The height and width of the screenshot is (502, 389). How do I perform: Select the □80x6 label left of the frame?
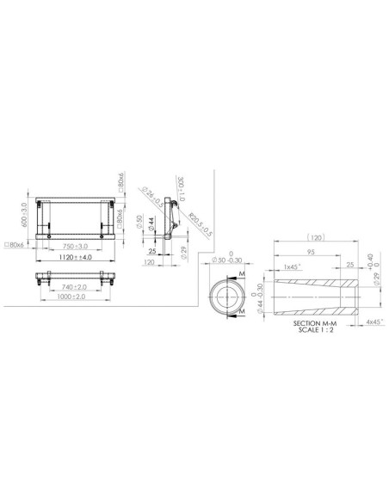[15, 245]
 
